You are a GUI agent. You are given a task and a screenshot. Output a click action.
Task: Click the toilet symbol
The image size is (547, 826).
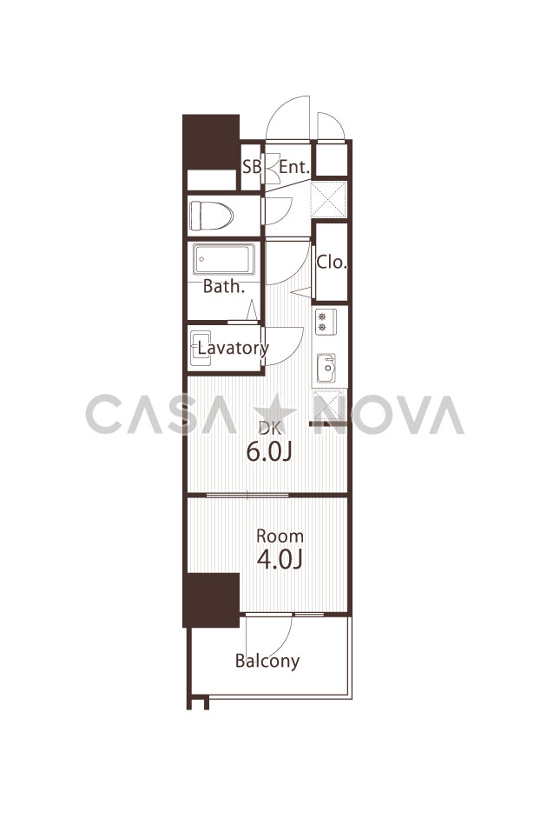pyautogui.click(x=211, y=215)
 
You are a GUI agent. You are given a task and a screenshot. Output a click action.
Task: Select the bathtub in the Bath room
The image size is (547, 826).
pyautogui.click(x=223, y=258)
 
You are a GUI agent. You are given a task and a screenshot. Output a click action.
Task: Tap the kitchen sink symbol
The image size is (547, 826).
pyautogui.click(x=326, y=368)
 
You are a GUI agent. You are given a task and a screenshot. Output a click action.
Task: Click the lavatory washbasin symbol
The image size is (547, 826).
pyautogui.click(x=201, y=348)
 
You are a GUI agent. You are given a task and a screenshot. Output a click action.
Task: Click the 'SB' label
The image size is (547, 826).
pyautogui.click(x=252, y=167)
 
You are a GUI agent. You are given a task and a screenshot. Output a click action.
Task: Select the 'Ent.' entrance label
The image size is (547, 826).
pyautogui.click(x=293, y=167)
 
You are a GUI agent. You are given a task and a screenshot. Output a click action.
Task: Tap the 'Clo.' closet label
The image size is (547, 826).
pyautogui.click(x=332, y=262)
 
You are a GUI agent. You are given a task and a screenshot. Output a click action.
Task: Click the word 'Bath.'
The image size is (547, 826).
pyautogui.click(x=224, y=286)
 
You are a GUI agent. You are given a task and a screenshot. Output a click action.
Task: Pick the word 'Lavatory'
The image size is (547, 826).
pyautogui.click(x=234, y=348)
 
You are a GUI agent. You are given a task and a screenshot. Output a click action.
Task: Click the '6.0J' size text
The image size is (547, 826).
pyautogui.click(x=269, y=451)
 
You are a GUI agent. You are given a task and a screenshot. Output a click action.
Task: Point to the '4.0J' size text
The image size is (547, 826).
pyautogui.click(x=280, y=559)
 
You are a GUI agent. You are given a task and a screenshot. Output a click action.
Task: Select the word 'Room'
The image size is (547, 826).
pyautogui.click(x=280, y=536)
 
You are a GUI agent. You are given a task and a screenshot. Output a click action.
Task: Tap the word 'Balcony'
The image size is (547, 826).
pyautogui.click(x=267, y=661)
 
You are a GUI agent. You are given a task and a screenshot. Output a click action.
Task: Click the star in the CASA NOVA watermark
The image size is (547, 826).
pyautogui.click(x=274, y=415)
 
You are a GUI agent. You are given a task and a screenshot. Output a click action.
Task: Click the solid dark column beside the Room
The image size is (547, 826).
pyautogui.click(x=211, y=599)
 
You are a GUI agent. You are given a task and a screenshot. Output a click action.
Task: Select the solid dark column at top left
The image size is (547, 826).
pyautogui.click(x=211, y=142)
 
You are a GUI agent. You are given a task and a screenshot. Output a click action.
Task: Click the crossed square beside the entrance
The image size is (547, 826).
pyautogui.click(x=329, y=199)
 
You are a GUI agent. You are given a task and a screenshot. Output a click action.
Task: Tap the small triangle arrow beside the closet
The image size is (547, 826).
pyautogui.click(x=302, y=291)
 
